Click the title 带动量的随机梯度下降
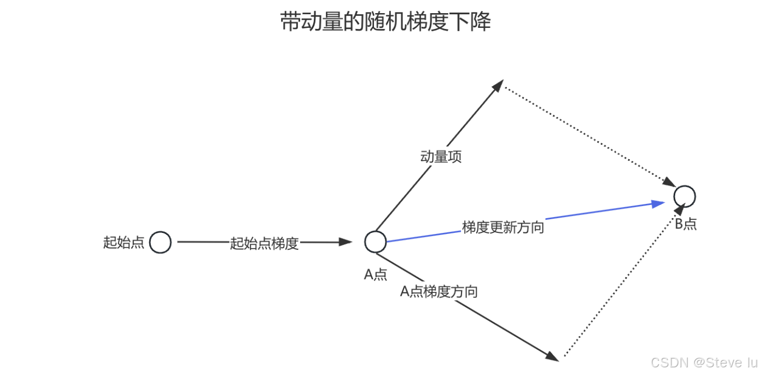click(x=385, y=22)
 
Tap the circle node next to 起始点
click(x=160, y=242)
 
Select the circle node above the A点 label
click(x=376, y=242)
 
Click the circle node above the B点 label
click(x=684, y=196)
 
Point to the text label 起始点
click(x=124, y=242)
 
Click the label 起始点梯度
click(x=264, y=243)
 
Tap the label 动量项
click(x=441, y=157)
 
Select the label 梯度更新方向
click(x=503, y=227)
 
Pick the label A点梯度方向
click(x=439, y=292)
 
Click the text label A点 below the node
click(x=376, y=274)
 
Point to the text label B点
click(x=686, y=224)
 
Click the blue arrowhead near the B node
click(x=659, y=203)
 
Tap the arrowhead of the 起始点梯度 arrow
click(x=346, y=242)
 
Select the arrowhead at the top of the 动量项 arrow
click(x=498, y=85)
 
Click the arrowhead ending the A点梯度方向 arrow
click(x=552, y=356)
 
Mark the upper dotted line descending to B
click(x=588, y=134)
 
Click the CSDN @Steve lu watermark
click(x=704, y=362)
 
